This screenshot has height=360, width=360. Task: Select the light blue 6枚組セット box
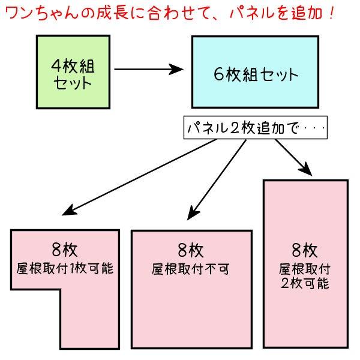255,72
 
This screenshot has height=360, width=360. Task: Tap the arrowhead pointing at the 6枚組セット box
176,69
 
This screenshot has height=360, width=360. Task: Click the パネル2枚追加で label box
254,127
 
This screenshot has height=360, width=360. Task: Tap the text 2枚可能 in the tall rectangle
305,283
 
